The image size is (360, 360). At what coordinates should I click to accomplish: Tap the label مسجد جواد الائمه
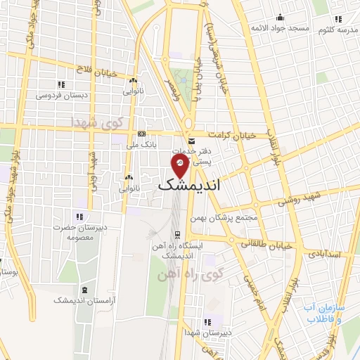coord(281,29)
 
